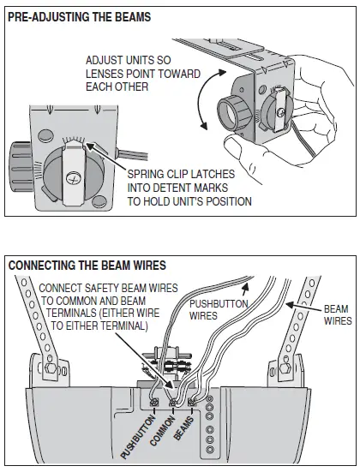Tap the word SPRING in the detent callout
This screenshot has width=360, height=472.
click(147, 174)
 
